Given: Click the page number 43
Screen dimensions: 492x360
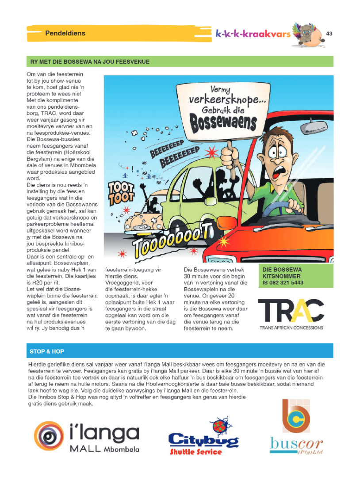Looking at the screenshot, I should click(x=329, y=34).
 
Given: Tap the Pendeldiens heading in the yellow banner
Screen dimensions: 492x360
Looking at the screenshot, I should click(x=65, y=33).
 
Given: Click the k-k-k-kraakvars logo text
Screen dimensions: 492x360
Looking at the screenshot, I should click(x=253, y=34).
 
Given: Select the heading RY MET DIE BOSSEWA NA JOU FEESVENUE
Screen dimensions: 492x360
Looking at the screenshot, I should click(x=89, y=61).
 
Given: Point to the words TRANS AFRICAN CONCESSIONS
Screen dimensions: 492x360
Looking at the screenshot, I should click(x=291, y=328).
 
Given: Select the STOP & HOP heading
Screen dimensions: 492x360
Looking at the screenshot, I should click(x=47, y=351).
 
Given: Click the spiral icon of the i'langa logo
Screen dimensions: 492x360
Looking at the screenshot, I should click(x=49, y=436).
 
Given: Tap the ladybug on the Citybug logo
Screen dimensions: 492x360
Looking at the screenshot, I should click(x=222, y=426).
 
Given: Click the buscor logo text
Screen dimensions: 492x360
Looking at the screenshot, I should click(x=296, y=444).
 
